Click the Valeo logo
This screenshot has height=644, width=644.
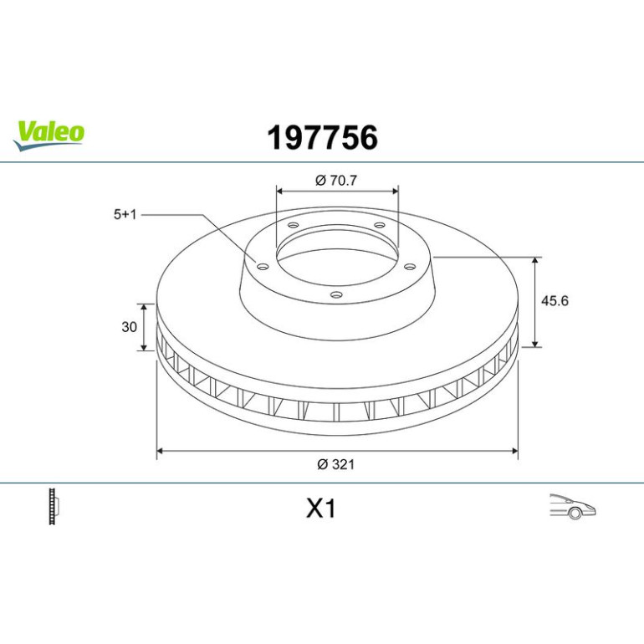pos(49,135)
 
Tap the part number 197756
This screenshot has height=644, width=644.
pos(322,138)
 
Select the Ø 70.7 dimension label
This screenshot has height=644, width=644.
pos(336,180)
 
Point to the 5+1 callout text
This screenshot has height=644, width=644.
pos(125,214)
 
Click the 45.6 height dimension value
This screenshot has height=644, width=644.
pos(555,300)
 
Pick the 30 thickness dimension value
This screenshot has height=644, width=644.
pos(129,327)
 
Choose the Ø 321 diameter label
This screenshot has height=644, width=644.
pos(335,464)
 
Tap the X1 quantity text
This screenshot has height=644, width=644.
pos(321,509)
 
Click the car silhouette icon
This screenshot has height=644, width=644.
pos(573,506)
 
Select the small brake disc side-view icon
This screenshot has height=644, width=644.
pos(54,506)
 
